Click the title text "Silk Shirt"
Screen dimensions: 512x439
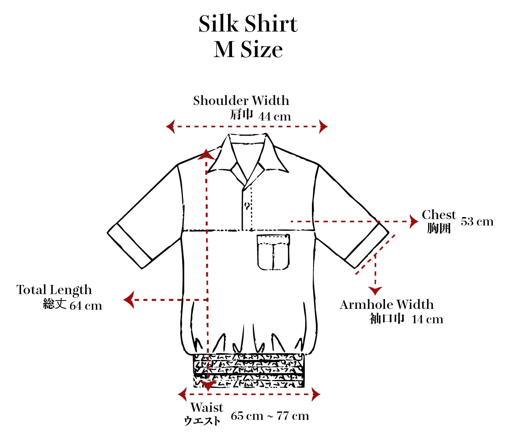tap(248, 24)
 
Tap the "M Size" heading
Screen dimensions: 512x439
tap(248, 49)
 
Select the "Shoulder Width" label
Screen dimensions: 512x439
tap(241, 101)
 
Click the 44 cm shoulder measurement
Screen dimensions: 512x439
tap(274, 117)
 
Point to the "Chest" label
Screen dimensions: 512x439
tap(439, 215)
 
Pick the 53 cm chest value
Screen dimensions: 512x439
tap(477, 221)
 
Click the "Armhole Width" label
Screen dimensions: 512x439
tap(387, 305)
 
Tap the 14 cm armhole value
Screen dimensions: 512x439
tap(427, 319)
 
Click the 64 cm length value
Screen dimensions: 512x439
tap(86, 306)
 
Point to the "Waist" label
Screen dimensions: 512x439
tap(207, 407)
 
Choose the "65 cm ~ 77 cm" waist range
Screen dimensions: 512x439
tap(270, 416)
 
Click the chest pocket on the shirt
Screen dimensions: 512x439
tap(273, 252)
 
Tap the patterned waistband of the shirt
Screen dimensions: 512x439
tap(248, 370)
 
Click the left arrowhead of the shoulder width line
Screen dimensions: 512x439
tap(171, 127)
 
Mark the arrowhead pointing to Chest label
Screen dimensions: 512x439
tap(414, 221)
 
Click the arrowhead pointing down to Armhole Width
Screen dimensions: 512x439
tap(375, 291)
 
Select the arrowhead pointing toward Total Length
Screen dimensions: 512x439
tap(129, 300)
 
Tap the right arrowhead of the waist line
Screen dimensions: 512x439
tap(316, 394)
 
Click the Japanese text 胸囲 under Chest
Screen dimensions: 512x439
tap(439, 228)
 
